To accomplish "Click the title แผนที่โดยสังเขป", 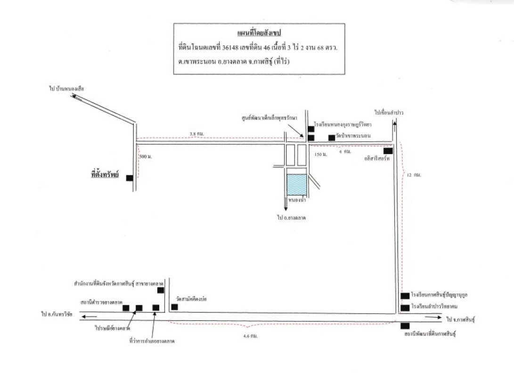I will (x=257, y=33).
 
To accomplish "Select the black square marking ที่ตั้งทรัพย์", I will (x=129, y=178).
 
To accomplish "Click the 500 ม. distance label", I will (x=147, y=156).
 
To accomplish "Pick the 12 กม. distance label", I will (x=413, y=175).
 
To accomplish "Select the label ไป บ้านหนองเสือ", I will (x=66, y=88).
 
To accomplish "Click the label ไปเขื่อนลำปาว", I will (x=390, y=113).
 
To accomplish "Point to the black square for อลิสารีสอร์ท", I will (x=388, y=151).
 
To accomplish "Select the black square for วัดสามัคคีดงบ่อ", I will (x=174, y=307).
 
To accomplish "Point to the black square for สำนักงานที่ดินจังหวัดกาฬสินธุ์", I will (x=161, y=290).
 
